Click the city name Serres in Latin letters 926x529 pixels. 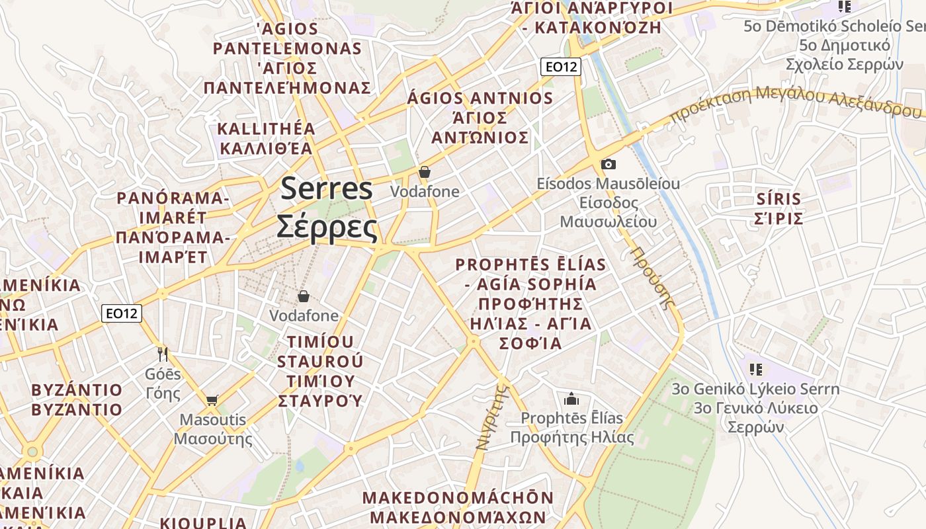(327, 189)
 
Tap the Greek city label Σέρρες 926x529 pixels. (327, 227)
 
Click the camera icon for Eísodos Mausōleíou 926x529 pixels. (609, 164)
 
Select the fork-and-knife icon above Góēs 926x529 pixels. (163, 354)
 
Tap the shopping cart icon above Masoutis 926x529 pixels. (212, 399)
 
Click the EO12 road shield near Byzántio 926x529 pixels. (122, 313)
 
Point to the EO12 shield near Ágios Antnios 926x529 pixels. (560, 67)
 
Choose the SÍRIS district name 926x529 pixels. (779, 198)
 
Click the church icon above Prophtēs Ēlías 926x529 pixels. (571, 399)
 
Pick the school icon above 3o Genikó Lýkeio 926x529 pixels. (755, 369)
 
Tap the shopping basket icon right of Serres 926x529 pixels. (425, 172)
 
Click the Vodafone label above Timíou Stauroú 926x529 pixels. (304, 316)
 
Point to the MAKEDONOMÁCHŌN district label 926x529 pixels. (458, 497)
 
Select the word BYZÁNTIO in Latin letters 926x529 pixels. (77, 389)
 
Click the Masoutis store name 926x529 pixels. (212, 420)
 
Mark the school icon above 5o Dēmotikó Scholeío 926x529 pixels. (844, 7)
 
